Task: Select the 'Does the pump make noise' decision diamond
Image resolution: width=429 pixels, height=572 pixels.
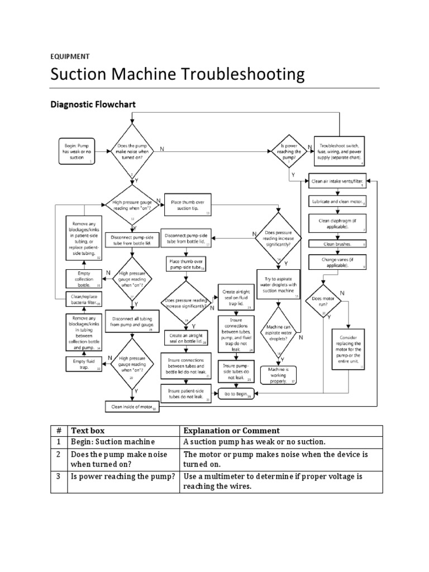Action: click(132, 150)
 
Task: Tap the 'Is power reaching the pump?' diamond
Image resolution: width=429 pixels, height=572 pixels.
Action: click(289, 151)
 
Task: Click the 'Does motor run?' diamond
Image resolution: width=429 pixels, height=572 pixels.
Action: click(325, 302)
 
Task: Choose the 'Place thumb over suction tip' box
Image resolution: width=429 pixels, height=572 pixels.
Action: click(187, 205)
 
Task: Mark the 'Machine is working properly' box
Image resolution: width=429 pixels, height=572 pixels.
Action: click(278, 375)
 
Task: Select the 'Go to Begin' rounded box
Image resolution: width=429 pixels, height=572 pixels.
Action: click(236, 393)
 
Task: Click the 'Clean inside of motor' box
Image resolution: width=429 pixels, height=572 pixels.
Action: click(132, 407)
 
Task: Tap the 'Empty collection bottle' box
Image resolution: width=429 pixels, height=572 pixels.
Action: click(83, 278)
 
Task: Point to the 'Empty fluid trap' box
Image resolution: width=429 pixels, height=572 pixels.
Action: click(83, 364)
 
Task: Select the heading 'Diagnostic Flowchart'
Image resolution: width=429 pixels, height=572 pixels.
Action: click(93, 104)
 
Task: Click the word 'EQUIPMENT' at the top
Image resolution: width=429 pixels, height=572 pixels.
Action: click(70, 56)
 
